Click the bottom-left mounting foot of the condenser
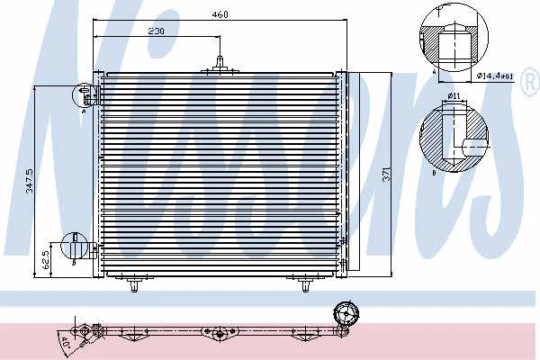click(134, 286)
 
